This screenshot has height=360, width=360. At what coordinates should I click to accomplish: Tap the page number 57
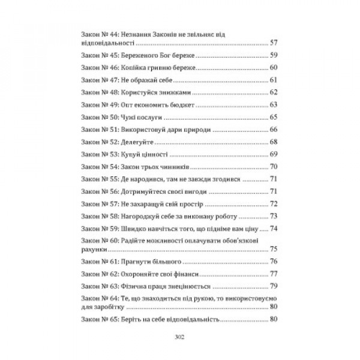tap(274, 43)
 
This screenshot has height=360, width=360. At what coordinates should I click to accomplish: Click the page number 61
tap(274, 80)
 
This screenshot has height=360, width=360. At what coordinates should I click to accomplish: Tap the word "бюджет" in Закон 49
tap(178, 104)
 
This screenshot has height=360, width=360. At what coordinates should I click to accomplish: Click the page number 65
tap(274, 117)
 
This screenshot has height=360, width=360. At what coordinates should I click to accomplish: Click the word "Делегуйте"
tap(139, 142)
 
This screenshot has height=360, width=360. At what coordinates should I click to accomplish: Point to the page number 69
tap(274, 154)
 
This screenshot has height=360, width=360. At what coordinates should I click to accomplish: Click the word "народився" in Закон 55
tap(151, 179)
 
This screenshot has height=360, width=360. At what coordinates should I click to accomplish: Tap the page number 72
tap(274, 203)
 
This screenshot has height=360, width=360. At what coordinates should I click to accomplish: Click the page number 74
tap(274, 229)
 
